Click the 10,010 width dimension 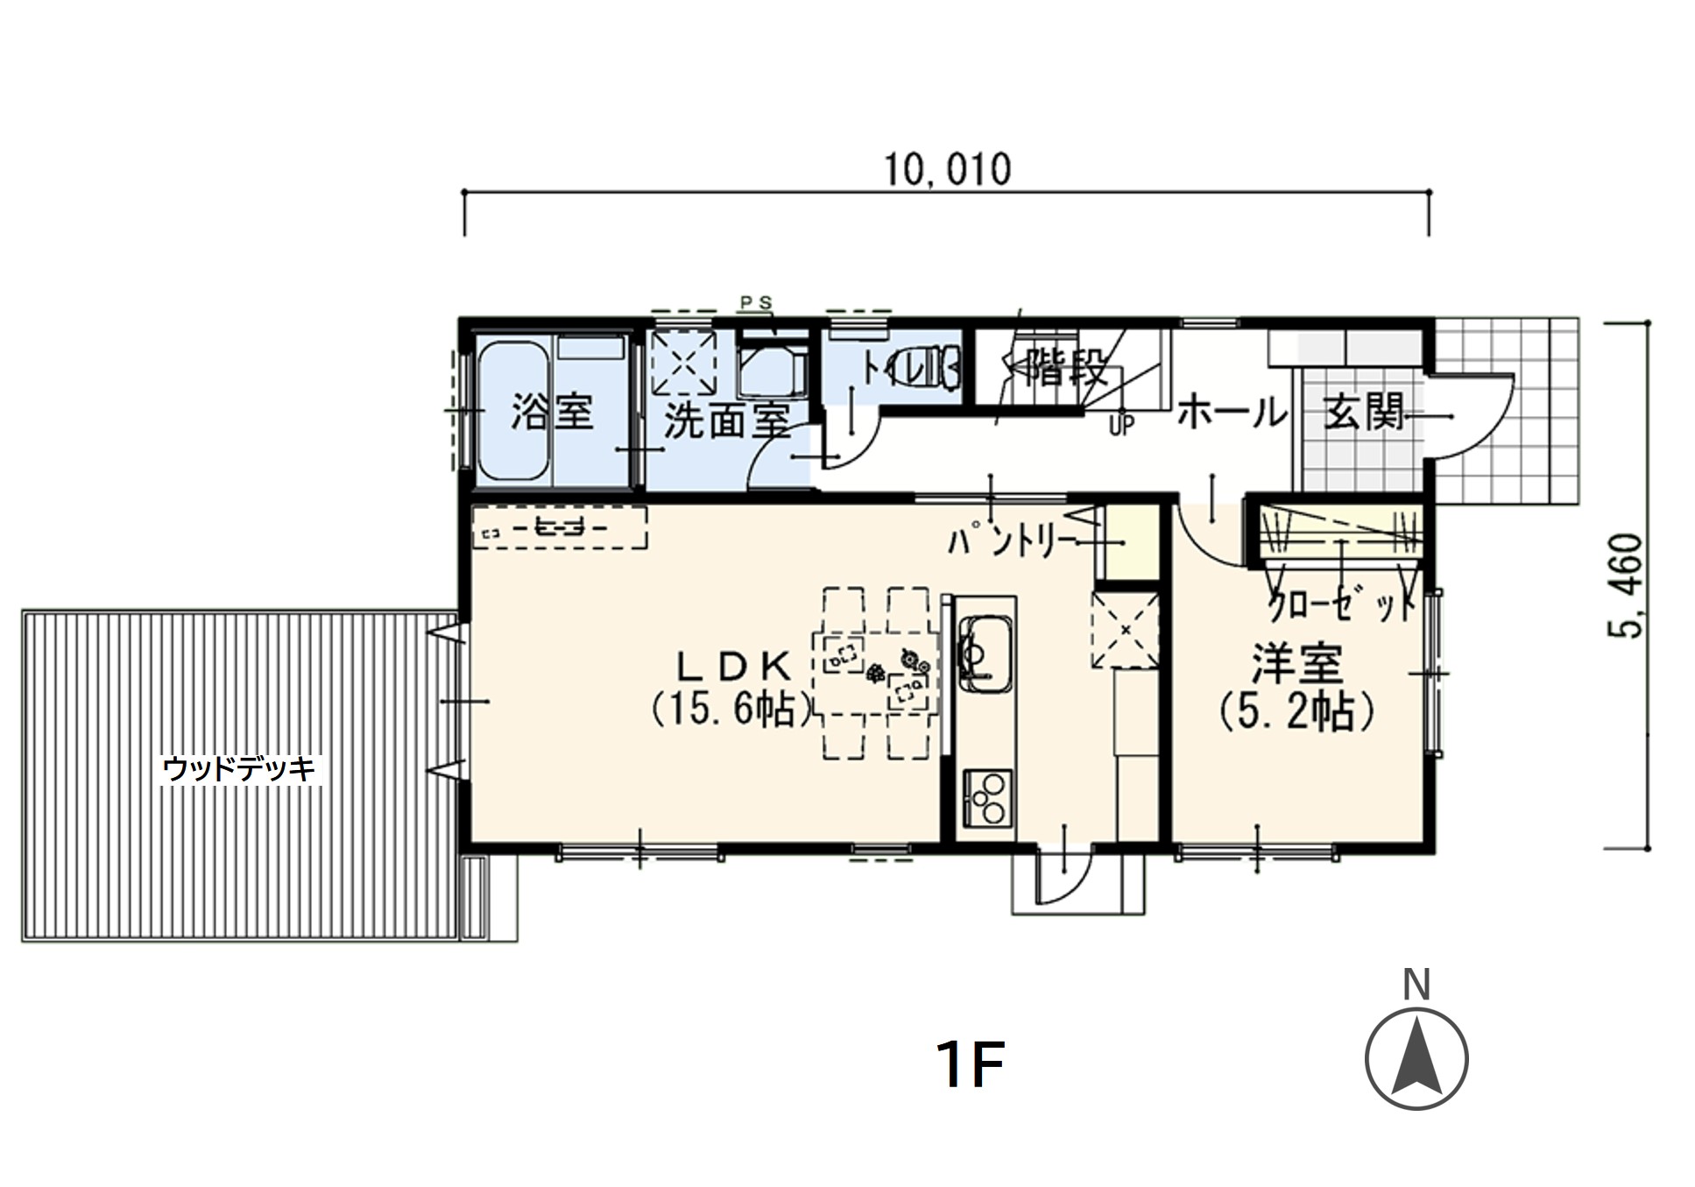click(x=946, y=169)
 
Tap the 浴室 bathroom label click(x=552, y=411)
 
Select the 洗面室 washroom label click(x=727, y=421)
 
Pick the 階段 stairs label click(x=1066, y=368)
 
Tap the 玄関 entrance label click(x=1364, y=412)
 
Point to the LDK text click(x=734, y=668)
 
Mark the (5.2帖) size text click(x=1297, y=711)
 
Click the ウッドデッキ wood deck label click(x=239, y=769)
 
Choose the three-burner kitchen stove click(x=987, y=796)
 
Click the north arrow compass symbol click(x=1416, y=1059)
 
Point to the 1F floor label click(x=969, y=1064)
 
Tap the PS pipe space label click(x=757, y=303)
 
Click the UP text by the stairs click(x=1122, y=426)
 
